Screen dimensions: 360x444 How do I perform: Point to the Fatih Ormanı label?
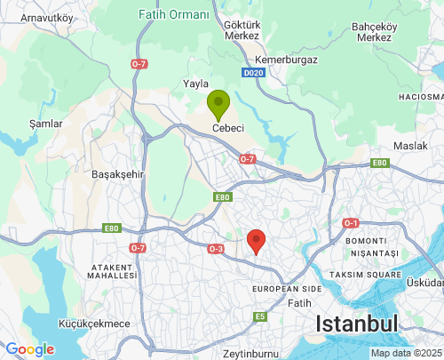click(x=174, y=15)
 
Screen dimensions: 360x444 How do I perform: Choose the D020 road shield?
click(x=252, y=72)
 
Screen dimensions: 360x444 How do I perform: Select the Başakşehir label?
click(x=118, y=175)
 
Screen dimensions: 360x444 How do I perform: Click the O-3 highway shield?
click(x=216, y=249)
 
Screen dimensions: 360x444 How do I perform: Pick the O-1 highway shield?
click(x=351, y=223)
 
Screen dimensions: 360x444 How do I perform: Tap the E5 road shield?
click(x=260, y=316)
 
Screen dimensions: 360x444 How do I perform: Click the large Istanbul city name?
click(x=358, y=324)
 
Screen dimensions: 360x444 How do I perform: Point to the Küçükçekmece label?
click(x=94, y=324)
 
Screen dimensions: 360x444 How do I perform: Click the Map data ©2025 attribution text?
click(x=405, y=353)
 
